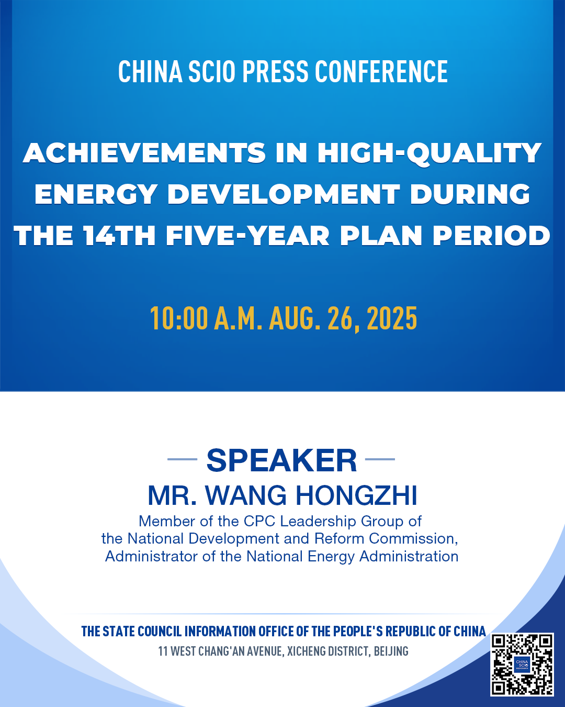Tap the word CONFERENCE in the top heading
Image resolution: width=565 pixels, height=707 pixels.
tap(381, 71)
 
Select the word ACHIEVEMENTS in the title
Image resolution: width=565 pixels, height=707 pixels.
tap(144, 153)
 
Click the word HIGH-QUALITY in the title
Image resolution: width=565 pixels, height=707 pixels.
tap(430, 153)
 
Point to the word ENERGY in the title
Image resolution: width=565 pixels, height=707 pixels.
tap(96, 194)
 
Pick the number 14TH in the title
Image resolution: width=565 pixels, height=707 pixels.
tap(119, 236)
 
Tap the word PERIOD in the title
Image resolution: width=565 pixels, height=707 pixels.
tap(491, 236)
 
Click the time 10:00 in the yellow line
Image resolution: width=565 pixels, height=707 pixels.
tap(179, 318)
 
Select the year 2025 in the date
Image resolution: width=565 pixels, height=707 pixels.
tap(392, 318)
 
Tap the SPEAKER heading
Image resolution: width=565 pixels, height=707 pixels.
tap(281, 461)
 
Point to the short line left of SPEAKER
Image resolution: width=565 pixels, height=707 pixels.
tap(182, 459)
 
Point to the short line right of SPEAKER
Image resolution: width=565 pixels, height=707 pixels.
tap(380, 459)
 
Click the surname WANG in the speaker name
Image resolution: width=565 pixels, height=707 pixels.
tap(246, 496)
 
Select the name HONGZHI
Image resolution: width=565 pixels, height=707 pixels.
tap(357, 496)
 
